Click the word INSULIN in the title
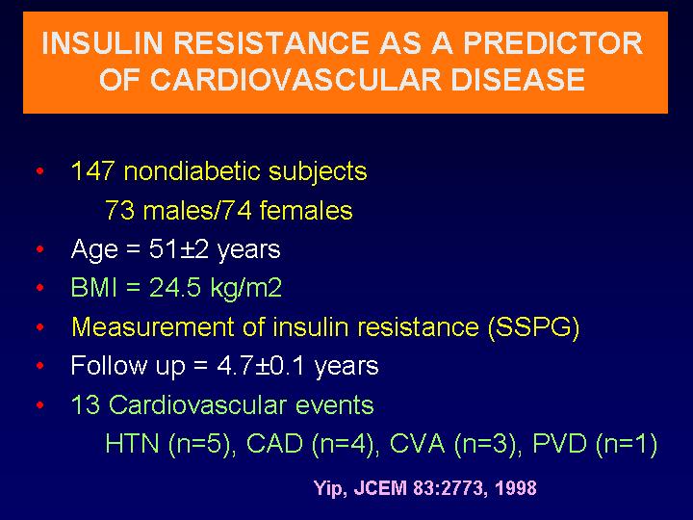[x=102, y=43]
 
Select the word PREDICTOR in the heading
[x=552, y=43]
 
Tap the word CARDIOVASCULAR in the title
[x=295, y=80]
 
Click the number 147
[x=92, y=170]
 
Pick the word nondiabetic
[x=192, y=170]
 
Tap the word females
[x=306, y=210]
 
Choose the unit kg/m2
[x=246, y=288]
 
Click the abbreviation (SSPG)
[x=533, y=327]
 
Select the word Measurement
[x=152, y=326]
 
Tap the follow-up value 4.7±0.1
[x=260, y=366]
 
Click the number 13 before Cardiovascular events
[x=86, y=404]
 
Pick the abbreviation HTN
[x=132, y=444]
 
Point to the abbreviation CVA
[x=417, y=444]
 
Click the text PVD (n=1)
[x=595, y=444]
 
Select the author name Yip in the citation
[x=327, y=488]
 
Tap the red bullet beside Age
[x=40, y=249]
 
